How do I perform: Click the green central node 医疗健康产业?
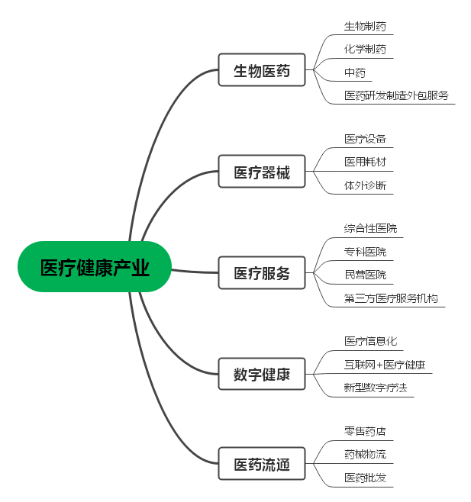(x=95, y=267)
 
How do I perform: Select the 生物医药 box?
(x=262, y=69)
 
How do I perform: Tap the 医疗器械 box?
(x=262, y=172)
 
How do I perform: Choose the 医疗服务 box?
(x=262, y=273)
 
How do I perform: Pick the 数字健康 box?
(x=262, y=374)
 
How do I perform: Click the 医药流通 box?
(x=262, y=464)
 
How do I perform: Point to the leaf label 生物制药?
(x=365, y=26)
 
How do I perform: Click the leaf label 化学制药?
(x=365, y=50)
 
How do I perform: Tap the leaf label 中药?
(x=355, y=72)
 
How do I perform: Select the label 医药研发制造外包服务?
(x=396, y=95)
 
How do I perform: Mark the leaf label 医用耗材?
(x=365, y=162)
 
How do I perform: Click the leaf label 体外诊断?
(x=365, y=185)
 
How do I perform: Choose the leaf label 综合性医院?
(x=370, y=229)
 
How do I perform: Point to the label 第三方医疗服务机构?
(x=391, y=298)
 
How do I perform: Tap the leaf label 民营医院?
(x=365, y=275)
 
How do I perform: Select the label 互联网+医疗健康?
(x=385, y=365)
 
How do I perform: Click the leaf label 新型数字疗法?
(x=376, y=388)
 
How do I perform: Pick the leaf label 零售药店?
(x=365, y=432)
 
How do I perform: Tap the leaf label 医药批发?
(x=365, y=478)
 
